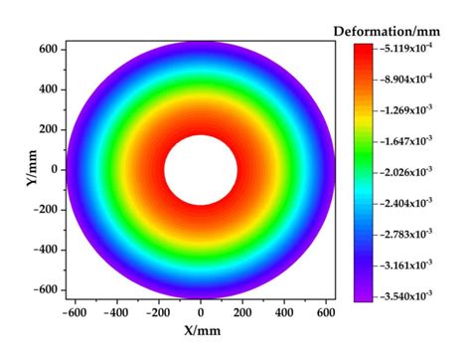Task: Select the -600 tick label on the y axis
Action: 45,290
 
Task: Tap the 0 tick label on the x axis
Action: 201,311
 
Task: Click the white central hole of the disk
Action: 200,169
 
